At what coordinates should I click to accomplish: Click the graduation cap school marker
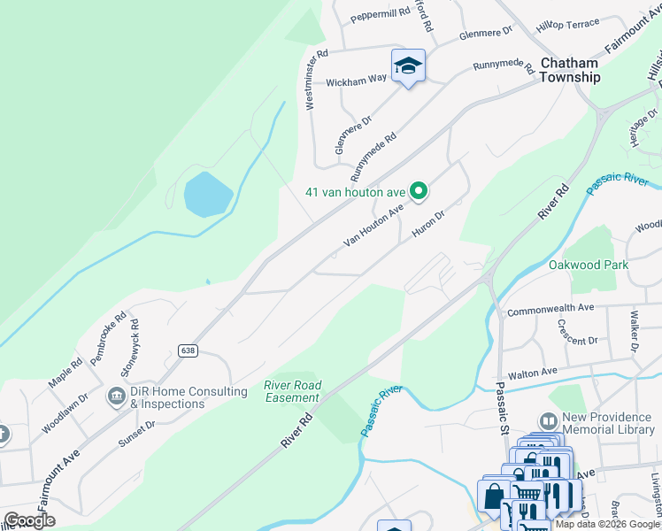click(x=408, y=66)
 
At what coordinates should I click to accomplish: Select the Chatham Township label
click(x=569, y=70)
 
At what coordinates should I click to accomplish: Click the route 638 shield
click(x=187, y=350)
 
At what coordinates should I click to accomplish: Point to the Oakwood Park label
click(x=588, y=265)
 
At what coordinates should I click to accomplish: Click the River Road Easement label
click(x=292, y=391)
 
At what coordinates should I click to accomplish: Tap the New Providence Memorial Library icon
click(x=549, y=421)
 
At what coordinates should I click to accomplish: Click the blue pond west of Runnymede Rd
click(x=208, y=194)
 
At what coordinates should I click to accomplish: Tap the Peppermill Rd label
click(x=380, y=13)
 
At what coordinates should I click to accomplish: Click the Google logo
click(x=29, y=520)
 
